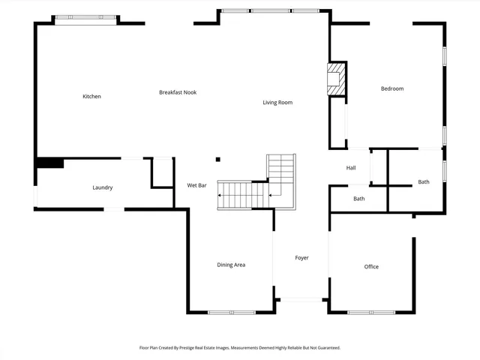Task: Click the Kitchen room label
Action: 91,96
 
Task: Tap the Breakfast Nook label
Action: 178,92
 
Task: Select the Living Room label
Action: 277,102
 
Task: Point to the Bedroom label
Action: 392,88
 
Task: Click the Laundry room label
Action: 103,187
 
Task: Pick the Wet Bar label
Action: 196,185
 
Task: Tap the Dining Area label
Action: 231,265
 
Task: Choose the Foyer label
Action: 301,258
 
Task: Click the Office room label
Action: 371,267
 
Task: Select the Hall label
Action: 351,168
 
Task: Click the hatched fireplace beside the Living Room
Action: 335,79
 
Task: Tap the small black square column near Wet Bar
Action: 217,159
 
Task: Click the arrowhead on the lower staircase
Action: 220,195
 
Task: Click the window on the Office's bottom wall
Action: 371,312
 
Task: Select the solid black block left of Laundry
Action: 49,163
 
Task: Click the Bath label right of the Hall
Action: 424,182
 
